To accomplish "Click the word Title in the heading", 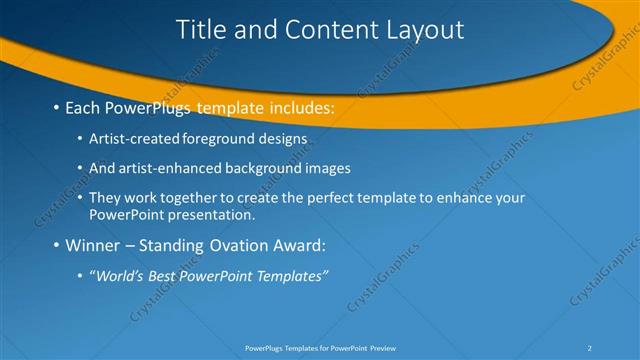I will (200, 30).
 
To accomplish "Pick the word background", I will (265, 168).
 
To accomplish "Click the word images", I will (327, 168).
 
